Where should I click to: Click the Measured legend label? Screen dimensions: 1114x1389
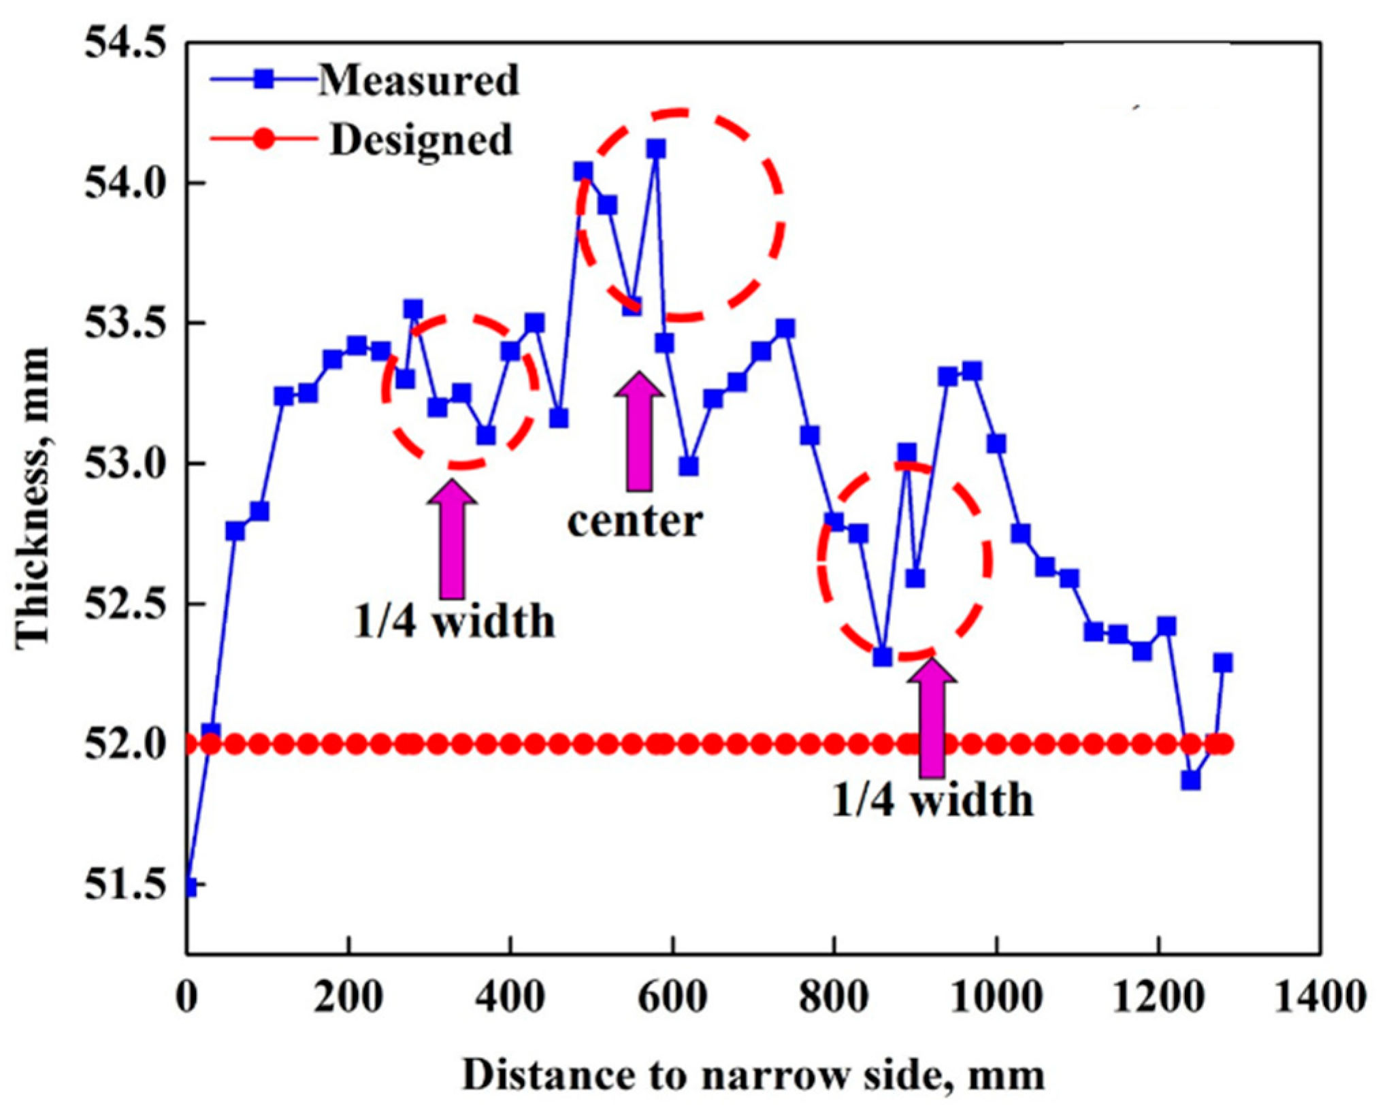[419, 80]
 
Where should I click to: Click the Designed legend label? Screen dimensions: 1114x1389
[421, 140]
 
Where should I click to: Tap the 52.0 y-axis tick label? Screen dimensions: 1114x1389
[125, 745]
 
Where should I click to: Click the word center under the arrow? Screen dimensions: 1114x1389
[634, 522]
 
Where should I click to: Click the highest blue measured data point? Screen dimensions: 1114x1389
[656, 148]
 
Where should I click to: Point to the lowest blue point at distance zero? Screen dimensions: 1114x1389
[190, 887]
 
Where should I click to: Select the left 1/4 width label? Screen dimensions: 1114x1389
[454, 621]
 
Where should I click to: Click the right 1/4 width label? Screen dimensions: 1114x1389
[932, 800]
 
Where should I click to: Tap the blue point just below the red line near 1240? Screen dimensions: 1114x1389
[1190, 780]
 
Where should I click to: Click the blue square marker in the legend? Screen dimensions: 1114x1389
[263, 80]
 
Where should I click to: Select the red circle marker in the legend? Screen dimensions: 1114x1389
[265, 140]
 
